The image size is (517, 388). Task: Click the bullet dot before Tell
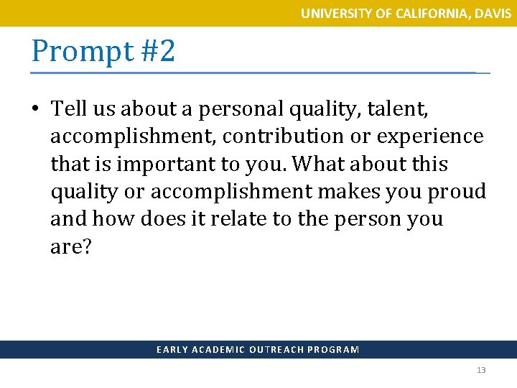[x=35, y=109]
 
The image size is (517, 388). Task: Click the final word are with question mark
[x=71, y=246]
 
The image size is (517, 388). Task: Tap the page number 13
[x=481, y=370]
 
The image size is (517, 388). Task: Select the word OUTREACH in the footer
[x=277, y=350]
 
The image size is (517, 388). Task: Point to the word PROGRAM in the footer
[x=333, y=350]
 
